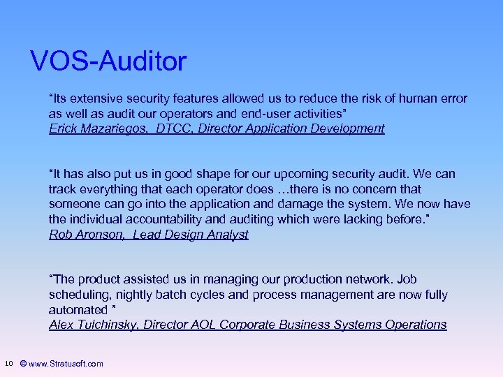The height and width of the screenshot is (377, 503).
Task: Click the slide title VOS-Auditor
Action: [108, 61]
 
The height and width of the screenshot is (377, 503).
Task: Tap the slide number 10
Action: [8, 363]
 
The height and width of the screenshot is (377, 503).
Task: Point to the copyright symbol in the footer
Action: [24, 364]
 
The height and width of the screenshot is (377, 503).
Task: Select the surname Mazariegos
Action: [115, 128]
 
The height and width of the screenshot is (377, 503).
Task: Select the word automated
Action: [77, 310]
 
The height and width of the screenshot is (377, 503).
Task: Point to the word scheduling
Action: [77, 295]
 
